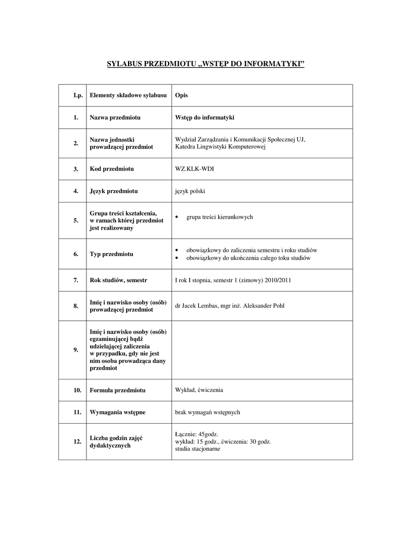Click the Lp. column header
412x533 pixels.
78,95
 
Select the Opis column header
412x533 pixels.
181,95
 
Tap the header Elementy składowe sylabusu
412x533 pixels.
128,95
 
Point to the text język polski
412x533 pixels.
190,191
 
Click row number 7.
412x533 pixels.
76,280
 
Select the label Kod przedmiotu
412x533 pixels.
112,169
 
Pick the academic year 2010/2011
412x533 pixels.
277,280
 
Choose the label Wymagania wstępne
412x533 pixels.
118,412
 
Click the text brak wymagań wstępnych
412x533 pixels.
207,412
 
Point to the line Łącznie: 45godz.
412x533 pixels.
196,434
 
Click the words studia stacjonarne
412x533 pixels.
197,449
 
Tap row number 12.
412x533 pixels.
77,441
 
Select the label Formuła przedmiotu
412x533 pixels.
118,390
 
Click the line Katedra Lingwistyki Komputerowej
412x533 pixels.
220,147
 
